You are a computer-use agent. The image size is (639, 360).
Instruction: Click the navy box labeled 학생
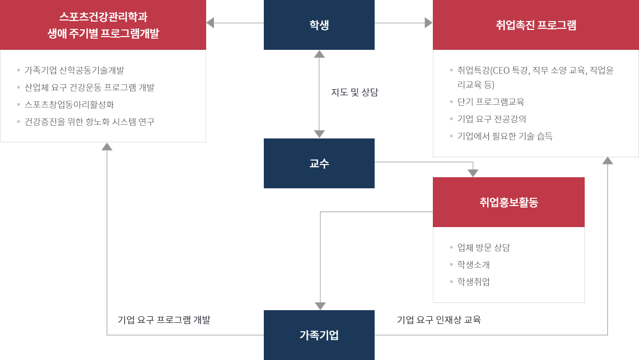319,25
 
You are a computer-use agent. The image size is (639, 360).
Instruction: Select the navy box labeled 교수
319,163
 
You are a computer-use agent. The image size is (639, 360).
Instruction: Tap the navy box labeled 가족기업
319,335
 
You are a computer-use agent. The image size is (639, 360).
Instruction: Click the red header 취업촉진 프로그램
536,25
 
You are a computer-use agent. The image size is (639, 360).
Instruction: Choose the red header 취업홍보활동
508,202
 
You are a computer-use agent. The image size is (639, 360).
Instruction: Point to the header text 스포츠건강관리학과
103,17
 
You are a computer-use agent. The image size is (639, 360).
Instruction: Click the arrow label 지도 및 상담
355,92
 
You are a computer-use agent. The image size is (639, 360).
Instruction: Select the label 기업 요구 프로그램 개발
163,320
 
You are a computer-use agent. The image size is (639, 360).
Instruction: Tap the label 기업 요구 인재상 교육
438,320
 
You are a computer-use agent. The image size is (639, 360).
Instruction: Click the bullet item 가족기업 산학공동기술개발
74,70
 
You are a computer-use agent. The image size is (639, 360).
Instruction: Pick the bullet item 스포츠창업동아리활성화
69,104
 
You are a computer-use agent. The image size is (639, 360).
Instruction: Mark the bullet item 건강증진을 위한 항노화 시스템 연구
89,121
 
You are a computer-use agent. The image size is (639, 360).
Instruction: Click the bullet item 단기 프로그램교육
490,102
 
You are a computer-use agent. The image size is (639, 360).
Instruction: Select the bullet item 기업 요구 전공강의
492,119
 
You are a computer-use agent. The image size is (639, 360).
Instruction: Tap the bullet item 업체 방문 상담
483,248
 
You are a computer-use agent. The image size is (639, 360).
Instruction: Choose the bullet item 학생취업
473,282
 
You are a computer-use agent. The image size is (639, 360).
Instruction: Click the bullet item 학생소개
473,265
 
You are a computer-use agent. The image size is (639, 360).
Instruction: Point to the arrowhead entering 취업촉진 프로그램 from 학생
428,23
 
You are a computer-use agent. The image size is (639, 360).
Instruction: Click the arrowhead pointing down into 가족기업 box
320,306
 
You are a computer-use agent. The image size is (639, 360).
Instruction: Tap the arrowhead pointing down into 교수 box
319,134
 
